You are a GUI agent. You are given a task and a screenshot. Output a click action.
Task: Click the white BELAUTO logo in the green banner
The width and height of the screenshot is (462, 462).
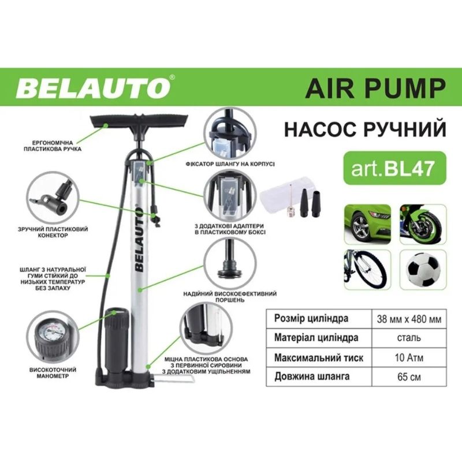point(94,88)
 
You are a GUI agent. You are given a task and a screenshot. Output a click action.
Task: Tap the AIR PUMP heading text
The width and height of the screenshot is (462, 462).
point(375,88)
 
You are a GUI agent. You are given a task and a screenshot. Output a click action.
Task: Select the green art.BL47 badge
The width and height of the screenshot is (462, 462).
point(394,168)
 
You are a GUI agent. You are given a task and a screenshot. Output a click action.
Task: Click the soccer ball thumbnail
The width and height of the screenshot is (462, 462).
point(423,270)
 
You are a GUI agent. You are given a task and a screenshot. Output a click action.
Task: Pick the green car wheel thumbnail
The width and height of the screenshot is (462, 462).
point(367,225)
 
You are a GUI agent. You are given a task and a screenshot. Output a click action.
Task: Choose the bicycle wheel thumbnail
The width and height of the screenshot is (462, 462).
point(367,270)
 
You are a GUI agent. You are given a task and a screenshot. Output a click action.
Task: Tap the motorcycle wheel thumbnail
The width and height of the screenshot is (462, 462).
point(423,225)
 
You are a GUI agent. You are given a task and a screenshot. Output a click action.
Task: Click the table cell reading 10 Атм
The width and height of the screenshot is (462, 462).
point(409,357)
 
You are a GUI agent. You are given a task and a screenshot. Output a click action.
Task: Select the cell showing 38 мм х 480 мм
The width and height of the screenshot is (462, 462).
point(409,319)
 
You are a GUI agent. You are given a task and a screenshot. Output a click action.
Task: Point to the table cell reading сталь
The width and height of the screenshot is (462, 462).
point(409,338)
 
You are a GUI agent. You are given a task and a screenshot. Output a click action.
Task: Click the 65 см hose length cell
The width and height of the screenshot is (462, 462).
point(409,377)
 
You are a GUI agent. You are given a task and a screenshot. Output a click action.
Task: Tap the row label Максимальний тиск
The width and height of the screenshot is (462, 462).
point(319,357)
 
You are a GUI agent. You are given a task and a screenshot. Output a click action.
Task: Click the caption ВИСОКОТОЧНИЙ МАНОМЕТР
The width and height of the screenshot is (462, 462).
point(53,372)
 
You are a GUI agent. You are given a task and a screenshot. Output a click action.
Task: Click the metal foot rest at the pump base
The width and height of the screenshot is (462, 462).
point(173,378)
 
